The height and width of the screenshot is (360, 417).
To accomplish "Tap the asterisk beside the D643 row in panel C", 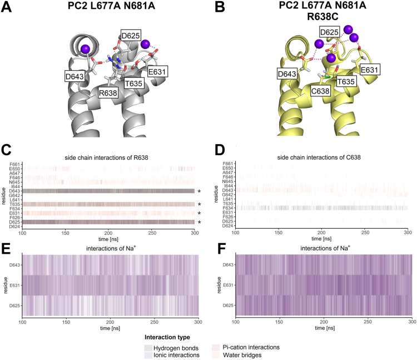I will [199, 191].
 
